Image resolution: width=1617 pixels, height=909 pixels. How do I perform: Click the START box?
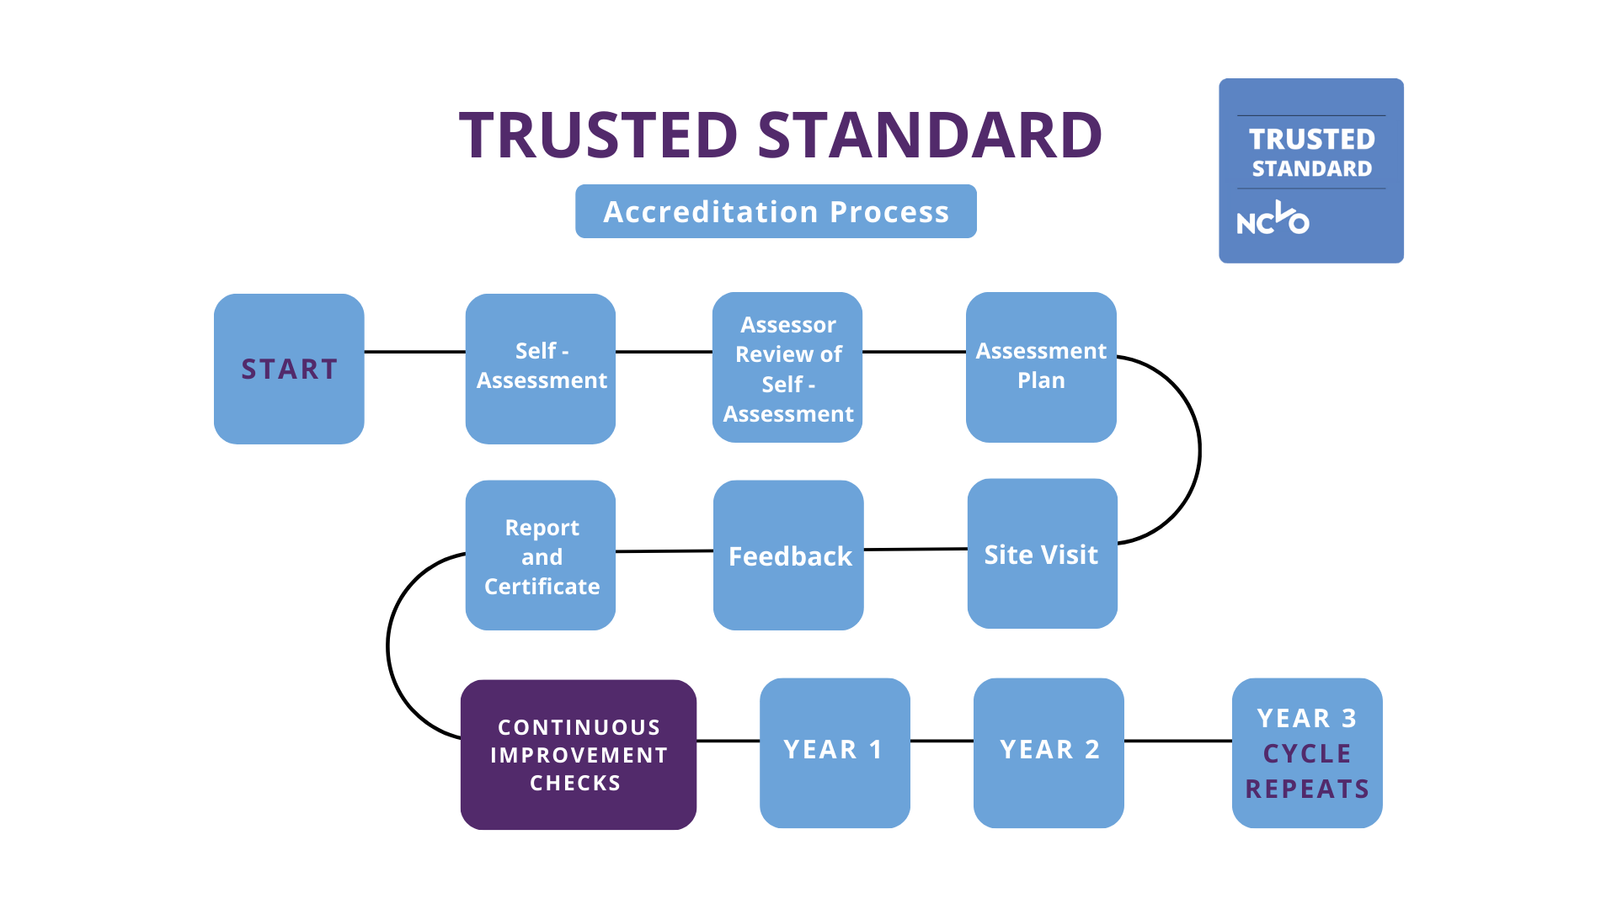pos(289,369)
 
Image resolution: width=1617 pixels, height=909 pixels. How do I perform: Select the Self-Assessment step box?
pos(541,368)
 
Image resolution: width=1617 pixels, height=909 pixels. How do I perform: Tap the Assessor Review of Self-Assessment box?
pos(787,368)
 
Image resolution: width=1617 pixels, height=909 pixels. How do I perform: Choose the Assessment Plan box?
pos(1041,367)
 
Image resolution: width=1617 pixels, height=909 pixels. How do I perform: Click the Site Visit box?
pos(1042,554)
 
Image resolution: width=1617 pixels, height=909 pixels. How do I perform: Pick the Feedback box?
pos(788,555)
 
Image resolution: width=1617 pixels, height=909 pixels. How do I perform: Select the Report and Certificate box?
pos(541,555)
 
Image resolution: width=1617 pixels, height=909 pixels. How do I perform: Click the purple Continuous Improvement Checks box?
pos(578,754)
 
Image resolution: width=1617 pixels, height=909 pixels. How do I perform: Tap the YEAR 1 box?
pos(834,752)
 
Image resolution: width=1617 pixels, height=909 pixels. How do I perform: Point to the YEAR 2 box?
pos(1049,752)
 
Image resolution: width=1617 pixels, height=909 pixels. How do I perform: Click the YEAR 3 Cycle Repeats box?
pos(1306,752)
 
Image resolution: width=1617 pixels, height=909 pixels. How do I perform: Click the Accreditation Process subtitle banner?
pos(776,211)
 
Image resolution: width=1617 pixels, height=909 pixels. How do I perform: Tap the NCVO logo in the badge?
pos(1273,220)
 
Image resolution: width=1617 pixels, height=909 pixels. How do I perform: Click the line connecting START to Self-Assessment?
pos(414,352)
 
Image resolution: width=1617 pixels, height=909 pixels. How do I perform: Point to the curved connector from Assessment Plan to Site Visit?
pos(1198,450)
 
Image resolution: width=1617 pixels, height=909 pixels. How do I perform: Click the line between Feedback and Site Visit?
pos(915,550)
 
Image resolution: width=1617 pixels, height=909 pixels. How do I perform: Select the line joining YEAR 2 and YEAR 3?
pos(1177,742)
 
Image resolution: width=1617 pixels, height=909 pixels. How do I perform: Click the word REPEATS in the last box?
pos(1306,789)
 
